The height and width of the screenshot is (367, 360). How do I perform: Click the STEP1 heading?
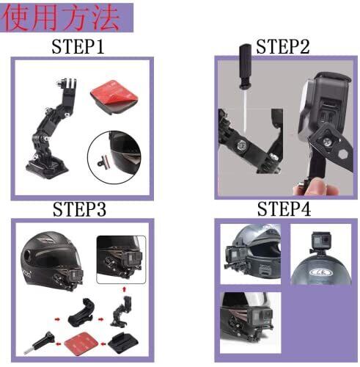(x=78, y=46)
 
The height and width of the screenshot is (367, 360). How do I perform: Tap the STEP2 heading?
(x=283, y=46)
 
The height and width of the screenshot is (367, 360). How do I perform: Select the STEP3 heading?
(x=80, y=209)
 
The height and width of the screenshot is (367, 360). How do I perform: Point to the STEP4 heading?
(x=284, y=208)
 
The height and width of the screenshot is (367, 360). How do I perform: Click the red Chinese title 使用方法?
(x=61, y=18)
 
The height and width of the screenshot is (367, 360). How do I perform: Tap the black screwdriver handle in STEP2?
(x=245, y=65)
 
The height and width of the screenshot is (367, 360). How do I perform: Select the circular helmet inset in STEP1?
(x=114, y=157)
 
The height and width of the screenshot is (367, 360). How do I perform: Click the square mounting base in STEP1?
(x=47, y=168)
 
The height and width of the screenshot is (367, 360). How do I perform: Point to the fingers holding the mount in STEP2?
(x=317, y=186)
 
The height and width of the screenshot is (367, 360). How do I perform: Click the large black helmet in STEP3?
(x=52, y=260)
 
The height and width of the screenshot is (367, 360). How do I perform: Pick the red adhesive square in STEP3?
(x=81, y=344)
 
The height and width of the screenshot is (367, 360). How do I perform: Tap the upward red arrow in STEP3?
(x=125, y=289)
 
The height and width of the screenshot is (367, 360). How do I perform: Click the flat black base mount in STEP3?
(x=123, y=343)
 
